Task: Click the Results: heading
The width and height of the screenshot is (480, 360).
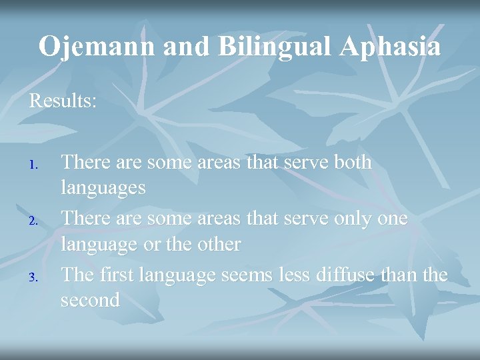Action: click(x=62, y=101)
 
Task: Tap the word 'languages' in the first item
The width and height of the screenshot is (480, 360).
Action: click(x=103, y=189)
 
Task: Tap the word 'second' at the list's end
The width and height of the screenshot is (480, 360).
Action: click(x=90, y=300)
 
